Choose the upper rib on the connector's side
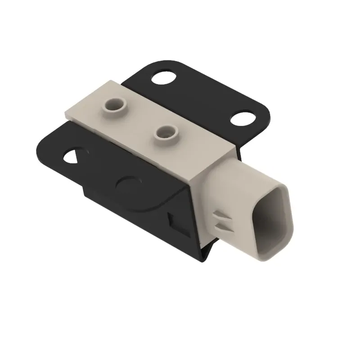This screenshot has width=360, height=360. pos(221,215)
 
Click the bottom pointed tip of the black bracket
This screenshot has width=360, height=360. pos(204,259)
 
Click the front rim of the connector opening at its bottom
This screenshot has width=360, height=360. pos(265,254)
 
